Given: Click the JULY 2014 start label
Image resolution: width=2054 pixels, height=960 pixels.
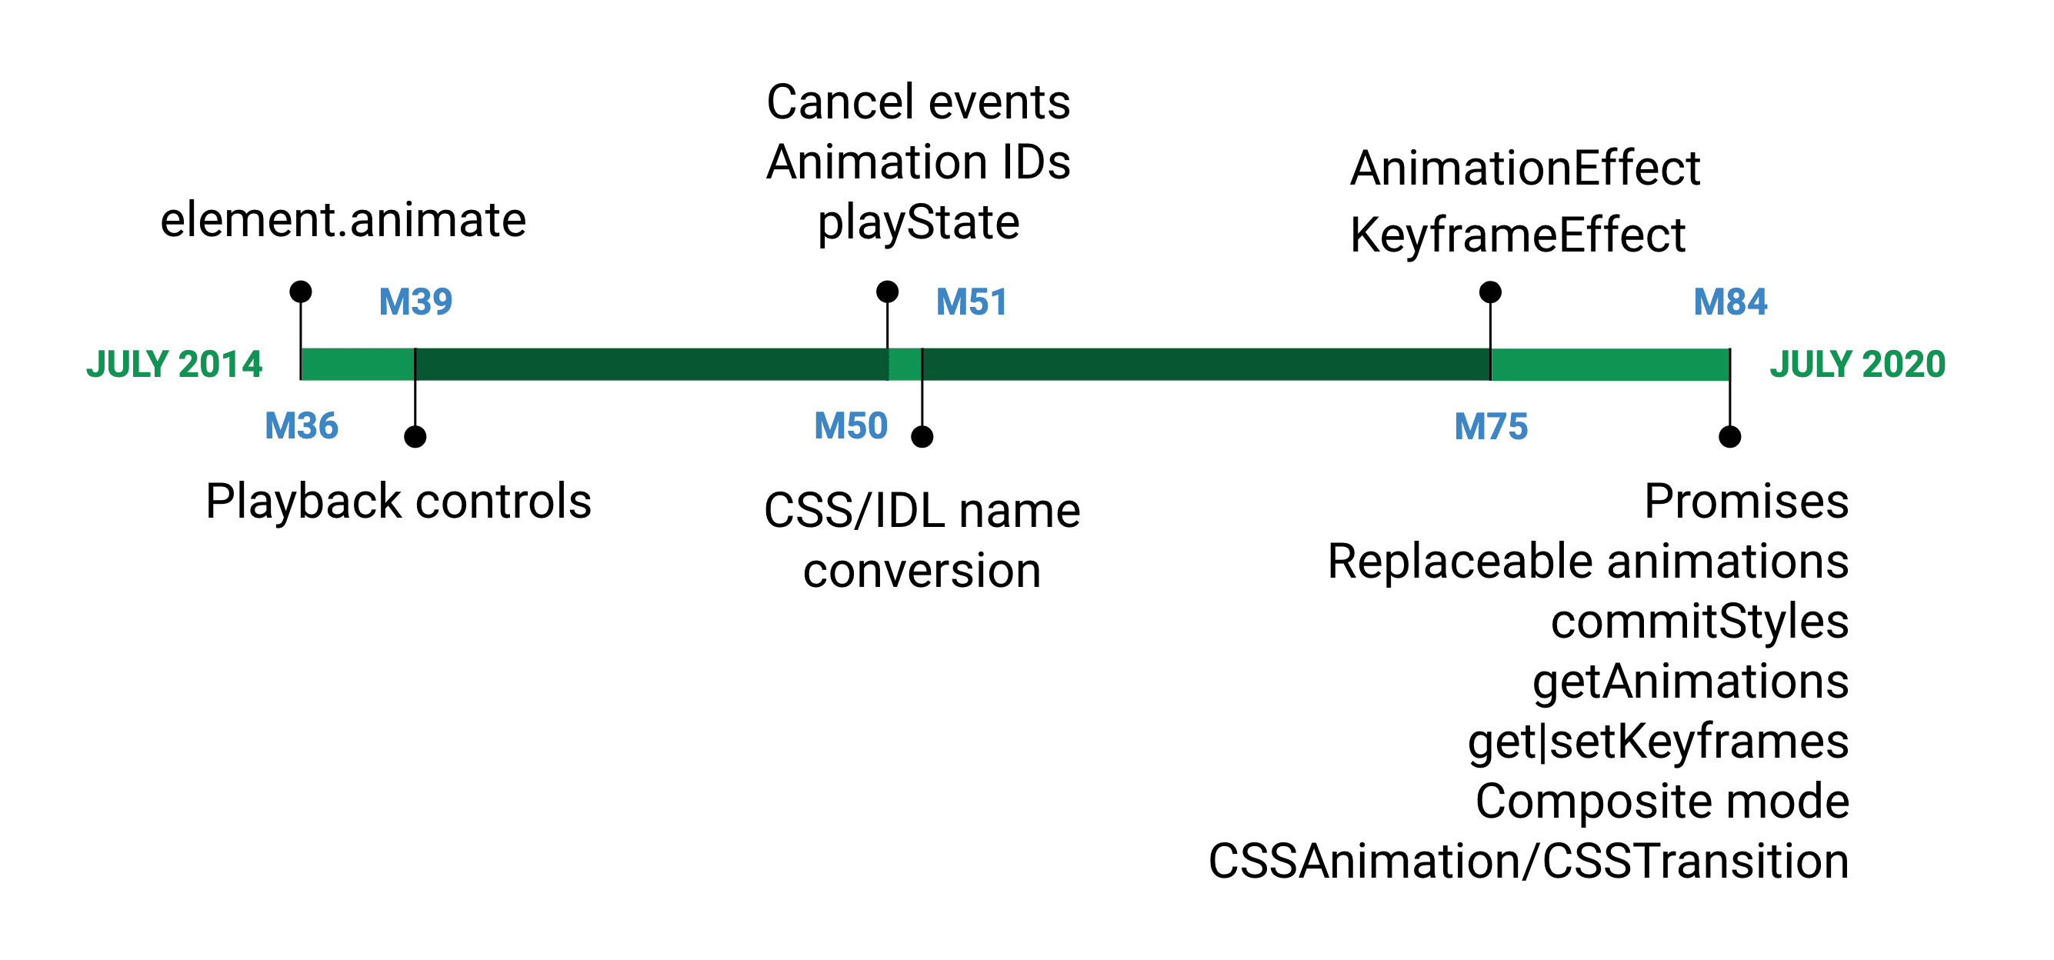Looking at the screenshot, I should pos(174,365).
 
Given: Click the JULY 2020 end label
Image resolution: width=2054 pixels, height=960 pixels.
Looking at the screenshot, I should pos(1857,365).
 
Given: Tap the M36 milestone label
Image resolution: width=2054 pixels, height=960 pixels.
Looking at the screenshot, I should pos(302,426).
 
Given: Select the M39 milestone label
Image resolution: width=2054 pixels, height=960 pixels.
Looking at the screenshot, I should pos(415,302).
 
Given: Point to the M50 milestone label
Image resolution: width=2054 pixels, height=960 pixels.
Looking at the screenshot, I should pos(851,426).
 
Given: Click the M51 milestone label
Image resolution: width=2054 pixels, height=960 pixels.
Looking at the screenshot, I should pos(971,302).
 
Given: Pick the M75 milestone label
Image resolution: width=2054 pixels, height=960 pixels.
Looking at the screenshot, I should pos(1490,427).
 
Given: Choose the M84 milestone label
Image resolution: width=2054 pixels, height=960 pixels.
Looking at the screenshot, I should pos(1729,302).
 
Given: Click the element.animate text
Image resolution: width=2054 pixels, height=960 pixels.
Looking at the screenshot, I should pos(343,220).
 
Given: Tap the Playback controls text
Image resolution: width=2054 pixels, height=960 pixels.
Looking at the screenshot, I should pos(398,502).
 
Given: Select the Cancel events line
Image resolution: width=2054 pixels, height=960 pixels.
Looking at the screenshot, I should pos(918,102).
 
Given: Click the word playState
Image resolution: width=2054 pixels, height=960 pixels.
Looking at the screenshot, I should pos(918,222).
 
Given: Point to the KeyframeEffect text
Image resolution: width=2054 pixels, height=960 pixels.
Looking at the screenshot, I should pos(1517,236).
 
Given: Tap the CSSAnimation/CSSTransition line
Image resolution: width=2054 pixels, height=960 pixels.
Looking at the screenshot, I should pos(1528,862).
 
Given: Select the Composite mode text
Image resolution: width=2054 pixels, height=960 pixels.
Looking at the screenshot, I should pos(1662,802).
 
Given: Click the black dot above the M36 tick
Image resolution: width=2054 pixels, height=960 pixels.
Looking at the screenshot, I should pos(301,291).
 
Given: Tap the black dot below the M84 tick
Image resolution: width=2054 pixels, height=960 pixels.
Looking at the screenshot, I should pos(1729,437).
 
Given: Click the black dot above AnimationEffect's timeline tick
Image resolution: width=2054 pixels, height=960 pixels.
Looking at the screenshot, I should pos(1490,292).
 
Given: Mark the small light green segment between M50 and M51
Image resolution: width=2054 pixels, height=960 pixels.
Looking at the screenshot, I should pos(905,365).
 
